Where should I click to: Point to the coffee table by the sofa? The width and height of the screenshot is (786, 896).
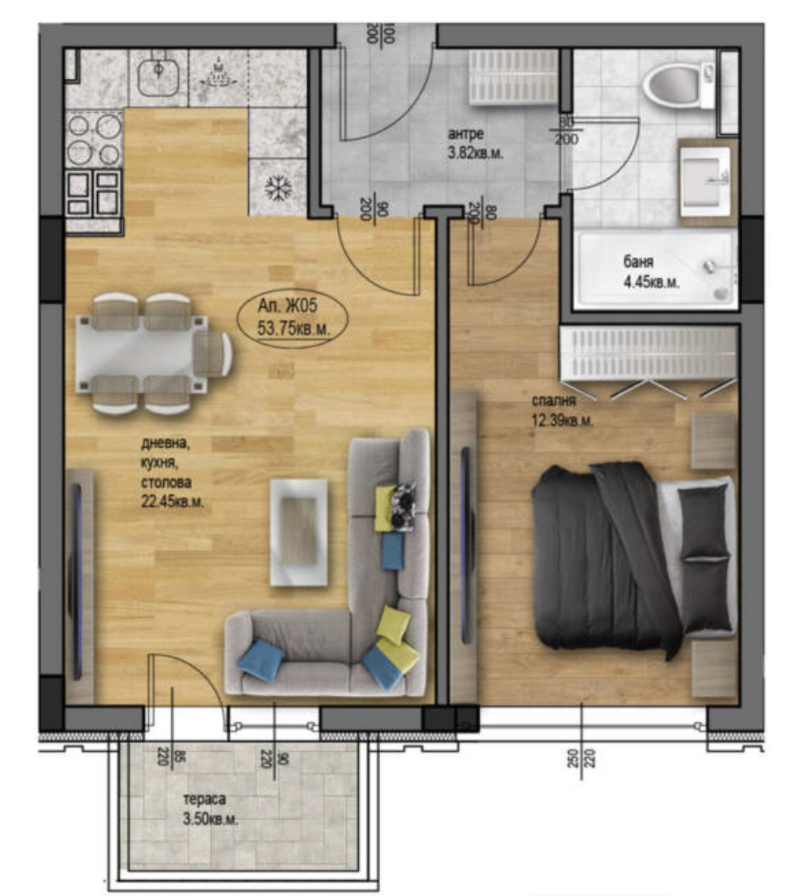(299, 531)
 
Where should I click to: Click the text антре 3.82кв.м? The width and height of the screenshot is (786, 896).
(476, 143)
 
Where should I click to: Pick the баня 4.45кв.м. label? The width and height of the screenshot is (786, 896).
(651, 272)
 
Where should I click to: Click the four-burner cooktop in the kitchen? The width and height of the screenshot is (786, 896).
(94, 139)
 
